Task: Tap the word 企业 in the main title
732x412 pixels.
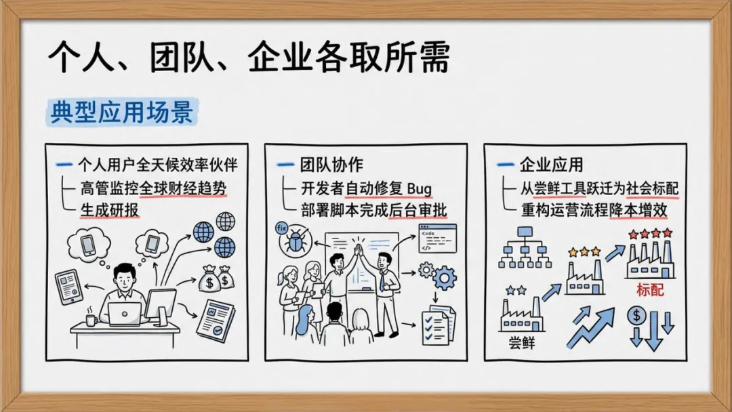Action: click(272, 59)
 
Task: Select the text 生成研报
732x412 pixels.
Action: click(109, 209)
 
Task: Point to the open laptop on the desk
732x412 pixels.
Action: click(125, 313)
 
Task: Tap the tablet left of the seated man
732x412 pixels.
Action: click(68, 286)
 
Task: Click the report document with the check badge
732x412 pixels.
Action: click(216, 320)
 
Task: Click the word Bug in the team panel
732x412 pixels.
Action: click(420, 188)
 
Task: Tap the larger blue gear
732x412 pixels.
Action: click(445, 278)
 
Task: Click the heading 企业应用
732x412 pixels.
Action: click(550, 165)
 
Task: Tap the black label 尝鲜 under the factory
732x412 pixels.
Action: click(521, 343)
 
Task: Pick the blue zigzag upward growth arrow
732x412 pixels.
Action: click(590, 327)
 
